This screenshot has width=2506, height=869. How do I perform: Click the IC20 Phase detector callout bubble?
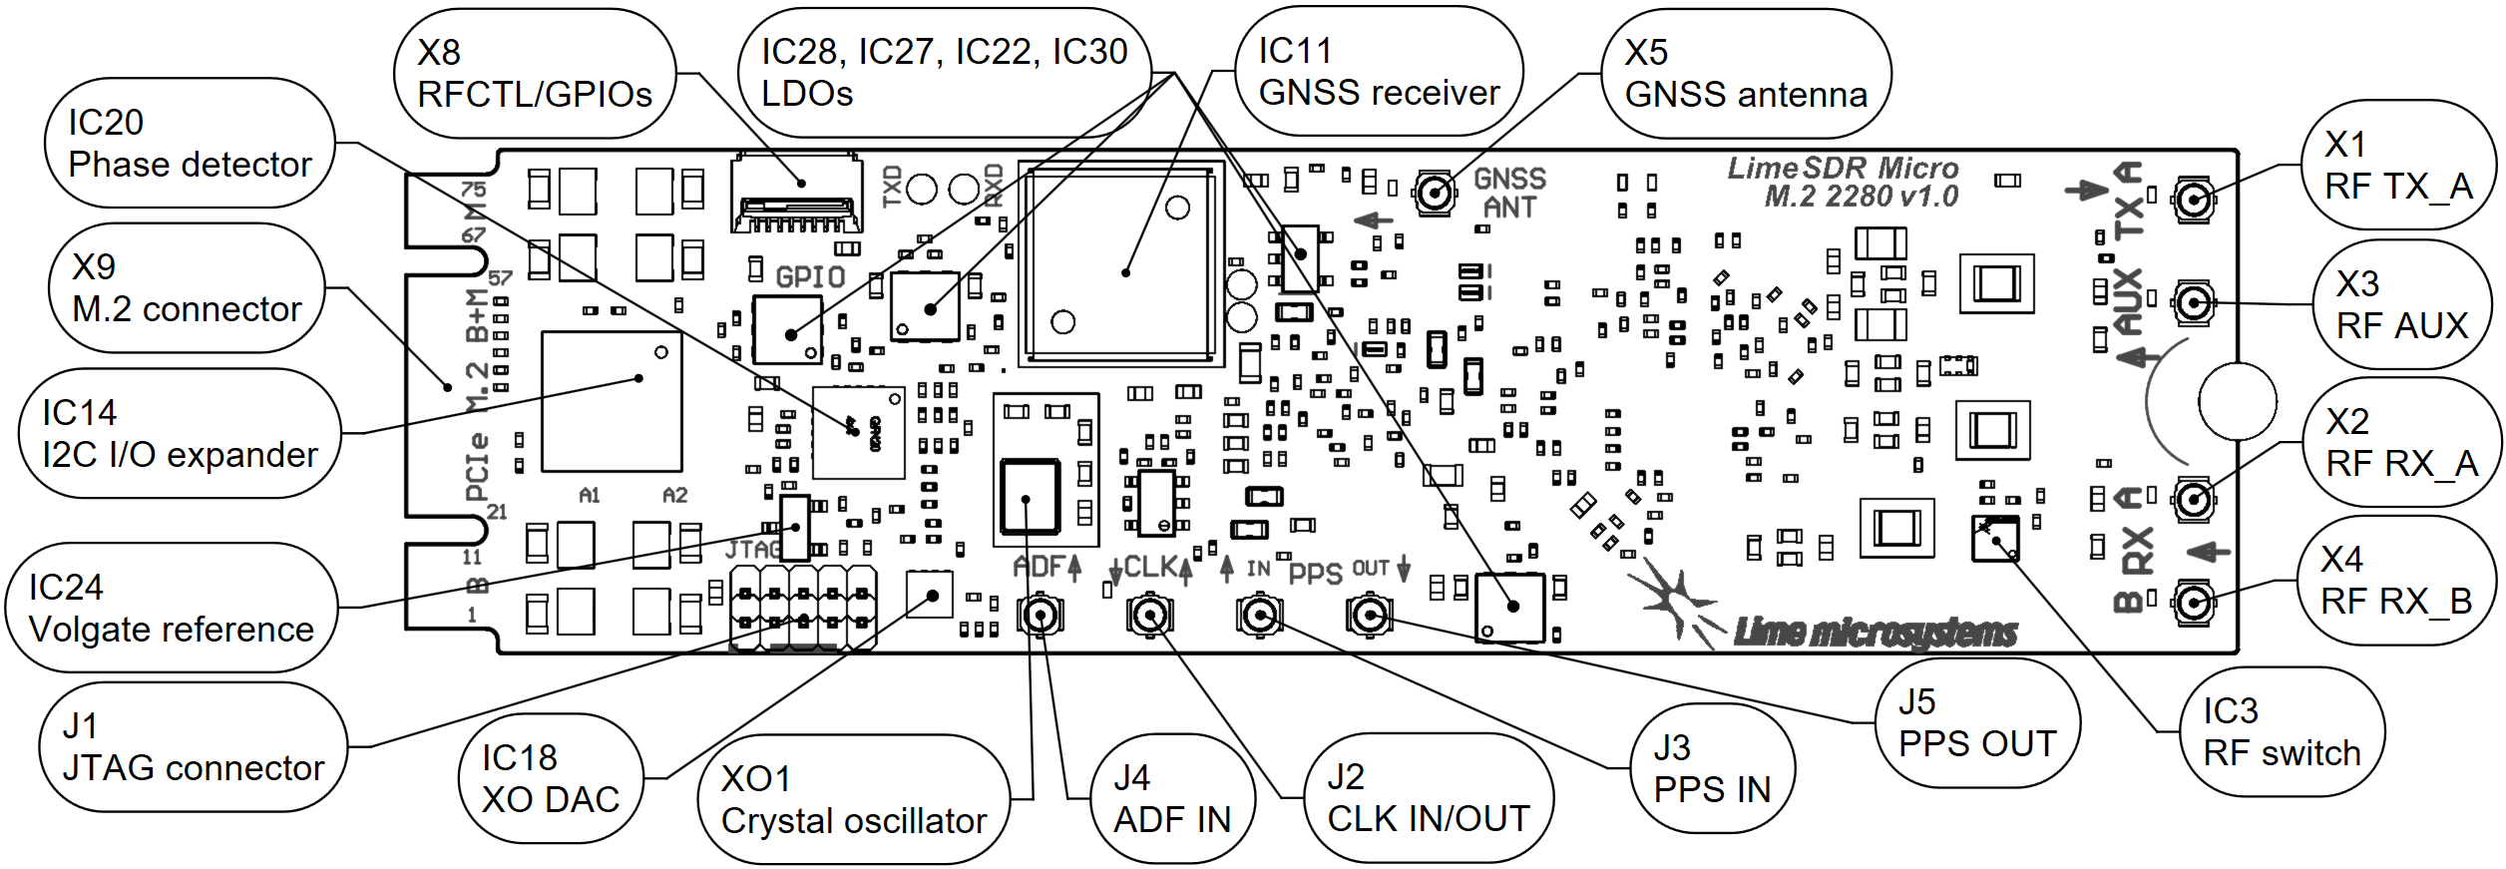click(x=190, y=144)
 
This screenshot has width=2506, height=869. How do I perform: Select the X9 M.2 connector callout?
click(x=187, y=288)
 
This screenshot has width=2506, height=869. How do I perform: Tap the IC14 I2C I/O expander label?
click(x=180, y=434)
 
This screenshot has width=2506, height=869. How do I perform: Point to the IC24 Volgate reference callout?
click(x=172, y=608)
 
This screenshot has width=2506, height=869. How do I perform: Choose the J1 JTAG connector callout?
click(x=193, y=747)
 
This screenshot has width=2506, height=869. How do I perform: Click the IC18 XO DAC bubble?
click(x=551, y=779)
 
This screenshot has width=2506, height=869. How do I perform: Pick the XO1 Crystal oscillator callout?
click(x=854, y=800)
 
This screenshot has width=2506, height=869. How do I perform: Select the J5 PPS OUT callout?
click(x=1977, y=723)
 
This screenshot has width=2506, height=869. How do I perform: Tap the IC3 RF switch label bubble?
click(x=2282, y=732)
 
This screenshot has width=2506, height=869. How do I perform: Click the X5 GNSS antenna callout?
click(x=1746, y=74)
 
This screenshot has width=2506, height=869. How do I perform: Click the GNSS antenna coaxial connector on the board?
click(x=1435, y=194)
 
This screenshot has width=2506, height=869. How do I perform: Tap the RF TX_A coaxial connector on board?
click(x=2192, y=201)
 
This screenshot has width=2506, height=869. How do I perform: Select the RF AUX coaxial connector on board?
click(x=2192, y=301)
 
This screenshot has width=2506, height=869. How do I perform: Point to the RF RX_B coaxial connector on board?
click(x=2192, y=602)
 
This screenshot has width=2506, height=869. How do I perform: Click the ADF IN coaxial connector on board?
click(x=1041, y=615)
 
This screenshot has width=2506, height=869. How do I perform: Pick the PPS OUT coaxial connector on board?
click(x=1369, y=616)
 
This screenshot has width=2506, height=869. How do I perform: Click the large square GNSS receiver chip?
click(x=1120, y=264)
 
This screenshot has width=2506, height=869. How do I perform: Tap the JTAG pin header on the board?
click(x=803, y=608)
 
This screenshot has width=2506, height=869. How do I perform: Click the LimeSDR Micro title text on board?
click(x=1844, y=182)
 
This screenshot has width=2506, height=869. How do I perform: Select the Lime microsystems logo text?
click(x=1876, y=632)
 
